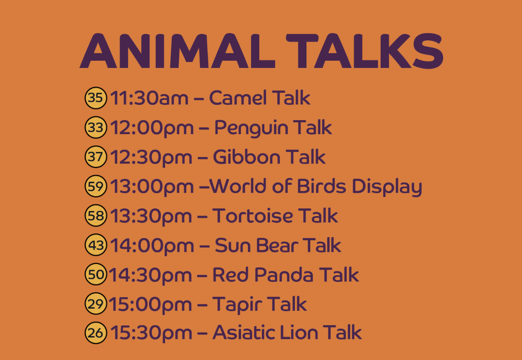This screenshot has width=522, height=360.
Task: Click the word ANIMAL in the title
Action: click(177, 51)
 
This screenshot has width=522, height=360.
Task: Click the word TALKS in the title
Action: click(365, 51)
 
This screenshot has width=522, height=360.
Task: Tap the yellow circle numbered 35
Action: click(96, 98)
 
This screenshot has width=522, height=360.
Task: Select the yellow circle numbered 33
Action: click(96, 127)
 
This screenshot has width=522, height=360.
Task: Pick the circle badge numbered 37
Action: click(96, 157)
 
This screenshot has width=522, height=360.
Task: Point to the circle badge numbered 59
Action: click(96, 186)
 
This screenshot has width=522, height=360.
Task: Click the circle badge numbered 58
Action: click(96, 215)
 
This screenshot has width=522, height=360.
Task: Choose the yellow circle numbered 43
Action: click(96, 245)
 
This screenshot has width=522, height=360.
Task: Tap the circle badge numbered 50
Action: click(96, 274)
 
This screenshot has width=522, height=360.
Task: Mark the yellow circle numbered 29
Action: click(96, 304)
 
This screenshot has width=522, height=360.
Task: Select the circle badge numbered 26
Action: click(96, 333)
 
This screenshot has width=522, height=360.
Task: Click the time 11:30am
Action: click(149, 98)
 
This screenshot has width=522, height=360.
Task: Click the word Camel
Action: click(238, 98)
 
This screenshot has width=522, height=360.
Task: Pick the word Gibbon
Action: click(247, 157)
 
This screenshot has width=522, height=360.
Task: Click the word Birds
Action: click(322, 186)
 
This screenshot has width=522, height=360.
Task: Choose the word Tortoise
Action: click(253, 216)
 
